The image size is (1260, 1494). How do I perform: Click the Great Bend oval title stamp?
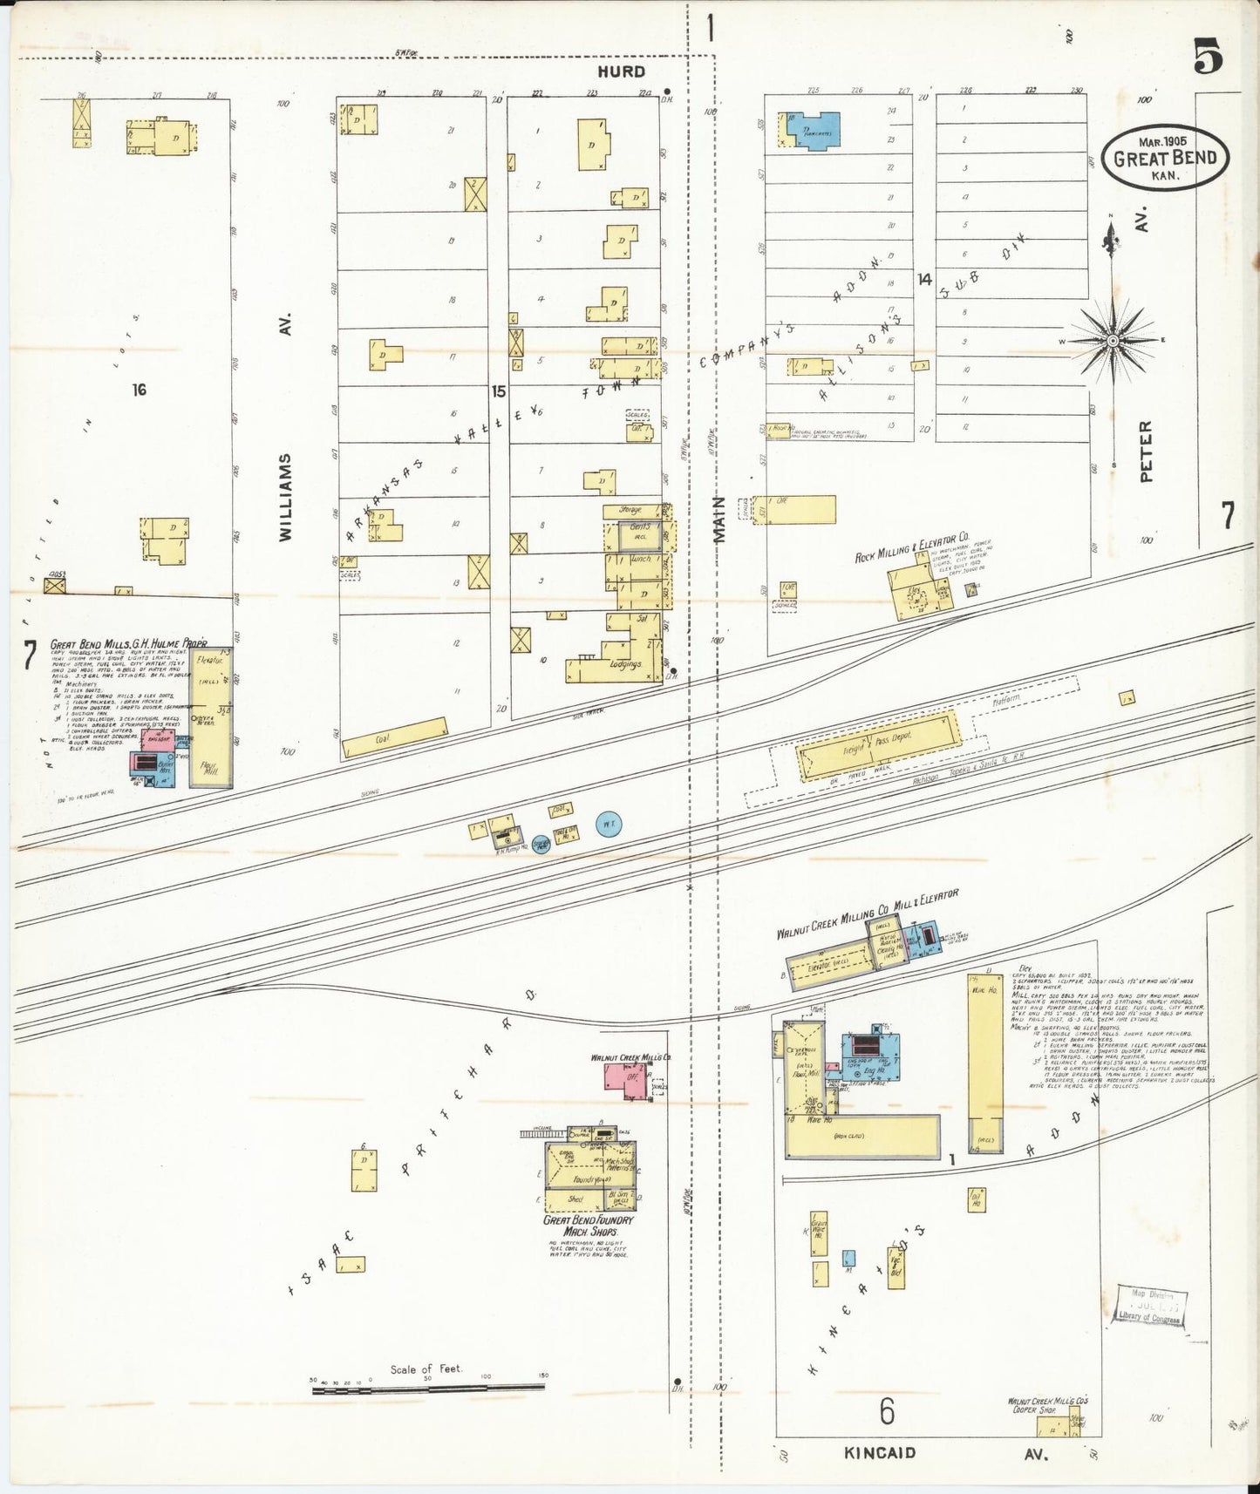coord(1164,158)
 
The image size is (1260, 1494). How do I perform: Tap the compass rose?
coord(1113,340)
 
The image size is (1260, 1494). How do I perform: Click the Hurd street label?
coord(621,71)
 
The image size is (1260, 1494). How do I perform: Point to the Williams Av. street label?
coord(286,497)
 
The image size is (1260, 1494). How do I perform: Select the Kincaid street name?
coord(881,1453)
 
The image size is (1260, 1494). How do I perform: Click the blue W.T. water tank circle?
coord(609,822)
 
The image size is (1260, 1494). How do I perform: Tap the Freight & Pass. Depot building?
coord(879,747)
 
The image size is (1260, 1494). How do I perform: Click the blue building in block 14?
coord(811,130)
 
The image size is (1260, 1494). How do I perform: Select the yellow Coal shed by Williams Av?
coord(395,737)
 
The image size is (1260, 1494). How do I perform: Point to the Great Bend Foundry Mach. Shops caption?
coord(589,1225)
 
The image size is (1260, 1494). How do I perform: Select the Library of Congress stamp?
coord(1148,1304)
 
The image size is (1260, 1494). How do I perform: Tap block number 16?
coord(140,390)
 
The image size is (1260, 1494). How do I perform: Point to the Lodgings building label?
coord(625,664)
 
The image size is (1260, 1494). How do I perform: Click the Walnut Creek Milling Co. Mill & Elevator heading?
coord(867,914)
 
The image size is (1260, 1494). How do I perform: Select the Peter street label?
coord(1147,452)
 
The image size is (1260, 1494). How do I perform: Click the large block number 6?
coord(887,1410)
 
